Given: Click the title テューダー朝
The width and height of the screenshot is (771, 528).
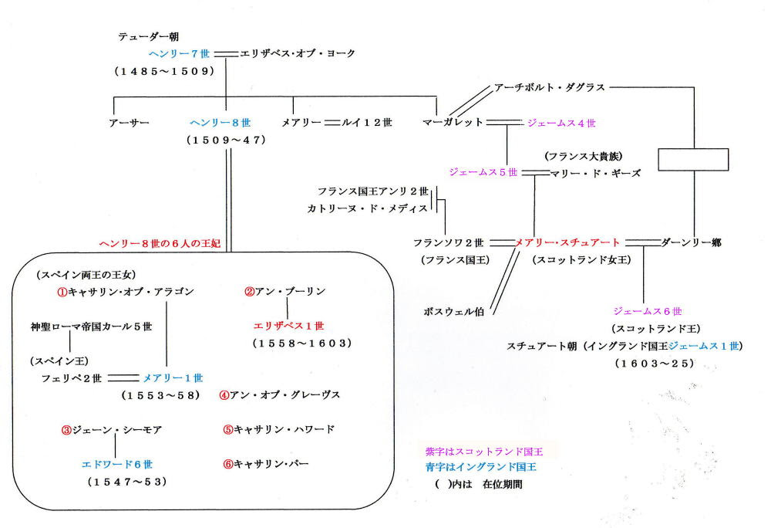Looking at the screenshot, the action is [x=149, y=36].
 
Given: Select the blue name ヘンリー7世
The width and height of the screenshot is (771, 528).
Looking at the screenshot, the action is [x=180, y=53].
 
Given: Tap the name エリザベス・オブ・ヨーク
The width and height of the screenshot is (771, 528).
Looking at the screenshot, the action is [x=298, y=53].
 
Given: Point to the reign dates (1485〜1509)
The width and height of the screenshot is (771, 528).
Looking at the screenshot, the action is [x=165, y=71].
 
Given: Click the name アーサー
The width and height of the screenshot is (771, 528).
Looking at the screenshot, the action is [x=130, y=123].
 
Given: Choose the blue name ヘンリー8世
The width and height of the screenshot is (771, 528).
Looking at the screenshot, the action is [x=221, y=123].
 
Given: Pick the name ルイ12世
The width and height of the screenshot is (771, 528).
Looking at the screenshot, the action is [x=367, y=123].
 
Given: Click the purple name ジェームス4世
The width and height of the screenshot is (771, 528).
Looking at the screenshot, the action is [x=561, y=123].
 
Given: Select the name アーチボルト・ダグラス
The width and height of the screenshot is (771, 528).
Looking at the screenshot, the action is [x=549, y=87].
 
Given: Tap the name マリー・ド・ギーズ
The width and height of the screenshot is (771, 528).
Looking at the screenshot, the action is [x=595, y=173].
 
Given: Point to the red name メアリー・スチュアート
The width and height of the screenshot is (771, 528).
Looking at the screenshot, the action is [x=567, y=242].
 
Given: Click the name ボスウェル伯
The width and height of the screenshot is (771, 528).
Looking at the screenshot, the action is [x=454, y=312].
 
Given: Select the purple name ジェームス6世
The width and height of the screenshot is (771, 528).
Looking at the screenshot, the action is [x=648, y=311].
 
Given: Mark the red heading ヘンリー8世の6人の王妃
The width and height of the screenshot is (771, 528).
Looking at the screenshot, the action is [x=160, y=243].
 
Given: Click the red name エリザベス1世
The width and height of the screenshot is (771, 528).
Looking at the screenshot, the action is [x=288, y=326].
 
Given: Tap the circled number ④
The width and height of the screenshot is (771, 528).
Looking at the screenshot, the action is [x=224, y=395].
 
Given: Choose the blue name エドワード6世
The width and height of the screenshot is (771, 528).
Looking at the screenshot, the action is [x=117, y=464].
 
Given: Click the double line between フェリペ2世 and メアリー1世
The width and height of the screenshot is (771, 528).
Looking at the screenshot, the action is [x=123, y=378].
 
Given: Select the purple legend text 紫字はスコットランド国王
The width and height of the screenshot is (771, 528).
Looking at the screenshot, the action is [x=484, y=452].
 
